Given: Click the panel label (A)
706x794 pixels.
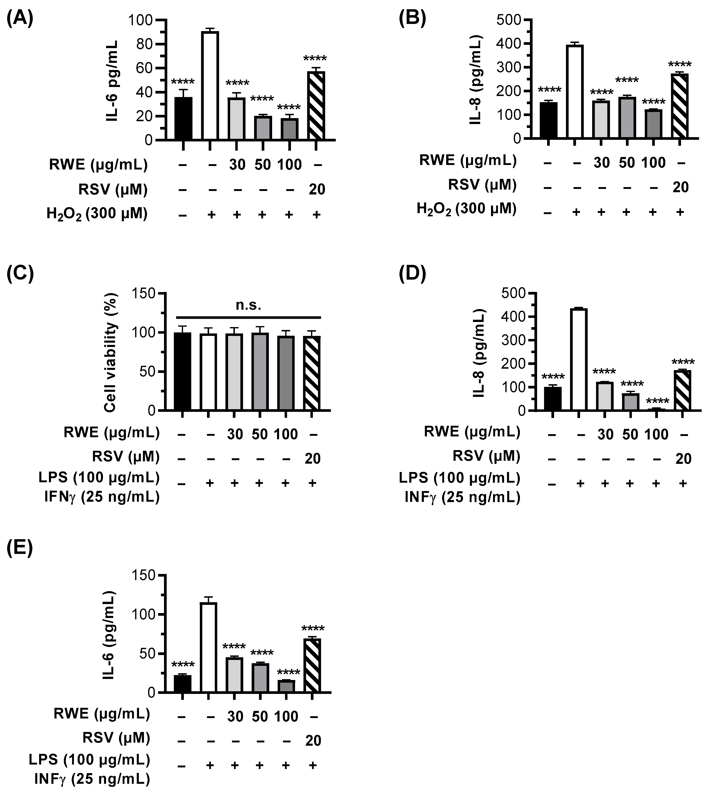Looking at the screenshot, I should point(20,18).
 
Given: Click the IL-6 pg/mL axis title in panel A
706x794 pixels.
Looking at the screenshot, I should point(112,80).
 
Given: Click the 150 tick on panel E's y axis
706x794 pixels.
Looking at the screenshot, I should point(144,575).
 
